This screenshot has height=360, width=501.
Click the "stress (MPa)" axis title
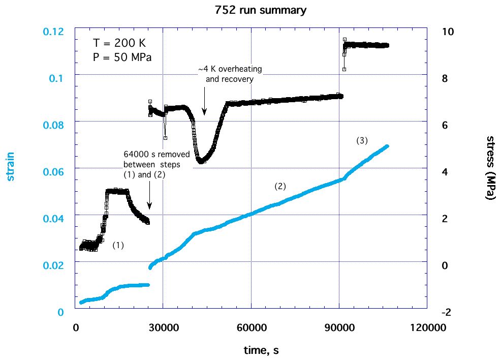[490, 168]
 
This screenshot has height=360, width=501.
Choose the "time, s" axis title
[260, 350]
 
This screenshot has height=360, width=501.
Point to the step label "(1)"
[118, 245]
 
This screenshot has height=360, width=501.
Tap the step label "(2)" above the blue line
[280, 187]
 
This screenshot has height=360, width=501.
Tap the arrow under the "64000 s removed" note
[149, 196]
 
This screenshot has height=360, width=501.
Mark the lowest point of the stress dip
[201, 161]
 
